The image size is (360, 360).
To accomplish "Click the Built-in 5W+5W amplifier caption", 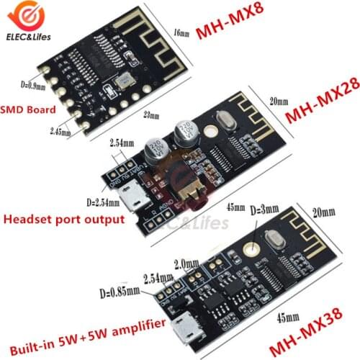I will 81,326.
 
